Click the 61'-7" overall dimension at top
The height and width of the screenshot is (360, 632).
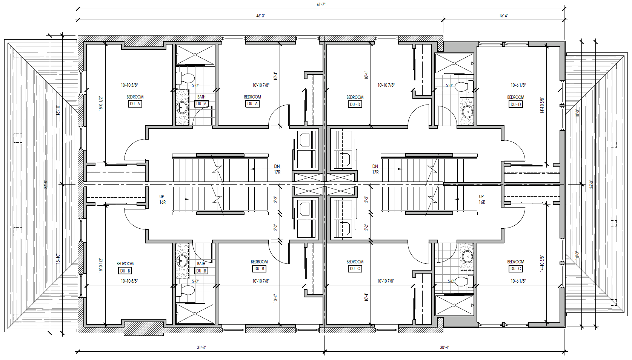pyautogui.click(x=321, y=5)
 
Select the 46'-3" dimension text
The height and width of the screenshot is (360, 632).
pyautogui.click(x=260, y=16)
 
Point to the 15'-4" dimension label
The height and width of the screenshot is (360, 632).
pyautogui.click(x=503, y=16)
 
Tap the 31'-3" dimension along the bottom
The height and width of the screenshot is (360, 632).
pyautogui.click(x=201, y=347)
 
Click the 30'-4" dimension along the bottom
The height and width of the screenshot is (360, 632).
pyautogui.click(x=444, y=347)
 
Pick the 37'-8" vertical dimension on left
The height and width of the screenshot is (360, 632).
pyautogui.click(x=46, y=184)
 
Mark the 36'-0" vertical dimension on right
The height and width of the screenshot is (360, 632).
pyautogui.click(x=591, y=184)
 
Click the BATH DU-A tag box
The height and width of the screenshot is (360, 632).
pyautogui.click(x=201, y=104)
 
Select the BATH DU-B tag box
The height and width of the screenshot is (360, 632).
pyautogui.click(x=201, y=271)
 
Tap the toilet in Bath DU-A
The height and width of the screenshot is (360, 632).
pyautogui.click(x=185, y=78)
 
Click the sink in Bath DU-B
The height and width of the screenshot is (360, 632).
pyautogui.click(x=182, y=260)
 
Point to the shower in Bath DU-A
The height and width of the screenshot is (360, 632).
pyautogui.click(x=195, y=55)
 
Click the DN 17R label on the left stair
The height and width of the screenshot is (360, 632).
pyautogui.click(x=277, y=169)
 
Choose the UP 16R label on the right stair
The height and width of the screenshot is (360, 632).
pyautogui.click(x=481, y=199)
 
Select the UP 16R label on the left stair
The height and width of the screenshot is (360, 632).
pyautogui.click(x=162, y=199)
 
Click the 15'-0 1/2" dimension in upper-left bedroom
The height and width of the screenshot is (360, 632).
pyautogui.click(x=101, y=103)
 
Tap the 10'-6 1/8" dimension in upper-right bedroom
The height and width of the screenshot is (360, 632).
pyautogui.click(x=518, y=85)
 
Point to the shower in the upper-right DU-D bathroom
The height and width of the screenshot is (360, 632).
pyautogui.click(x=454, y=63)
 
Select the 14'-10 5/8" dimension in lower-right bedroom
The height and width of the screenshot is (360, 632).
pyautogui.click(x=542, y=263)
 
